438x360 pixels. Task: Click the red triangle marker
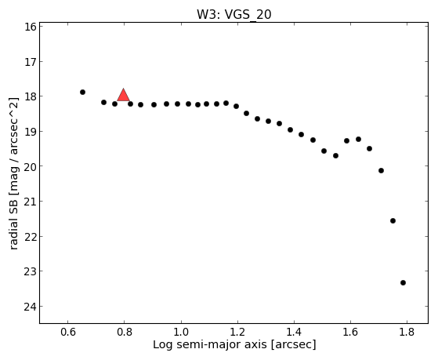click(123, 95)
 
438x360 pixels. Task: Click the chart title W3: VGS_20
click(234, 15)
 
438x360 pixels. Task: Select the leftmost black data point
click(82, 92)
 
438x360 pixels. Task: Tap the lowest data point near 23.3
click(403, 283)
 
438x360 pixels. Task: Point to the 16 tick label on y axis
click(30, 27)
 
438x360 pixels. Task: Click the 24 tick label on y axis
click(30, 307)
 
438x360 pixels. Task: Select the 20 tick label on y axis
click(30, 166)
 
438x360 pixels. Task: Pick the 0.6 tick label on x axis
click(68, 332)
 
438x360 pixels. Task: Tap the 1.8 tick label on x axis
click(407, 332)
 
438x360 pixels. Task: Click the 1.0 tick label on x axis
click(181, 332)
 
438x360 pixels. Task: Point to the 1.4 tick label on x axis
click(294, 332)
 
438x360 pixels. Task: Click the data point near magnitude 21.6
click(393, 220)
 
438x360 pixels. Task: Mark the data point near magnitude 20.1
click(381, 170)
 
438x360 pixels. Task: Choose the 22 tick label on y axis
click(30, 237)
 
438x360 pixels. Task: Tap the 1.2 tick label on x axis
click(237, 332)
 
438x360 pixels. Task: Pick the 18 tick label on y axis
click(30, 96)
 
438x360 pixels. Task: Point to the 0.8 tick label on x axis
click(125, 332)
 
